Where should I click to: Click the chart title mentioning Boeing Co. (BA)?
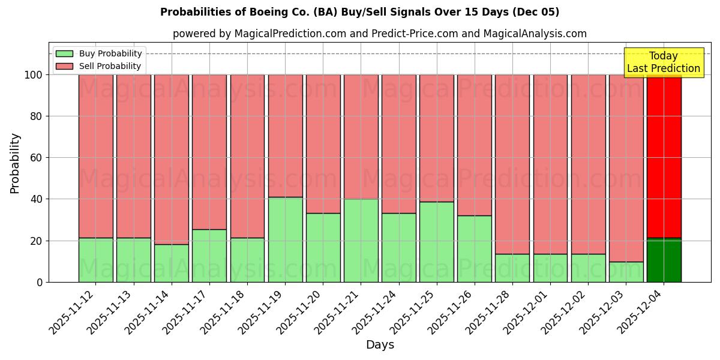tap(359, 12)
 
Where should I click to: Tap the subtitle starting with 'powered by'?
tap(379, 34)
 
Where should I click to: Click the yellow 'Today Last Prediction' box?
tap(663, 62)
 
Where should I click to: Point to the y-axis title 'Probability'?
tap(15, 163)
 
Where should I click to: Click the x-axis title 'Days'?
tap(380, 345)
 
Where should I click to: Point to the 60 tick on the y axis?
tap(37, 158)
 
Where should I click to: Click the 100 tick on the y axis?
tap(34, 75)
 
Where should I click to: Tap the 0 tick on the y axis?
tap(40, 282)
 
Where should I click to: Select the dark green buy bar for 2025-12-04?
tap(664, 260)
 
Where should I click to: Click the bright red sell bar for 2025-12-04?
tap(664, 156)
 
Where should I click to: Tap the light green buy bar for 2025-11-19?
tap(285, 239)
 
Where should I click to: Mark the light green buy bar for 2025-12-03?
tap(626, 272)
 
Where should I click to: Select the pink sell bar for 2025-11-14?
tap(171, 159)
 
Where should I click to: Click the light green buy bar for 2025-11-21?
tap(361, 240)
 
